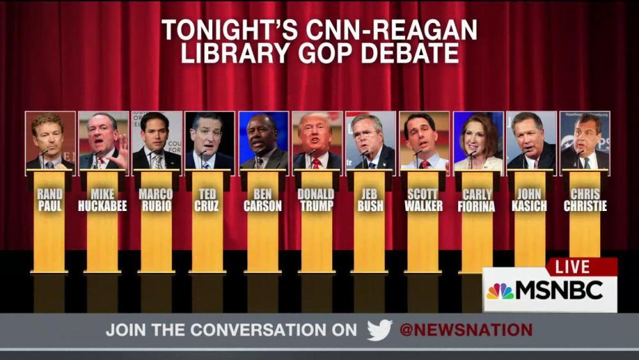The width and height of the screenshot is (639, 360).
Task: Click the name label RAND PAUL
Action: tap(49, 200)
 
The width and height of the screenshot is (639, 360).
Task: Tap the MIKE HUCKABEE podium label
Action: tap(103, 200)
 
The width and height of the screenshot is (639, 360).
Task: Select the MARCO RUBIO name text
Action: tap(156, 200)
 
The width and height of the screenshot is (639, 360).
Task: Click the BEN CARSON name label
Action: tap(263, 200)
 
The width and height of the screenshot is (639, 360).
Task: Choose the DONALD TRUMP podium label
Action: tap(316, 200)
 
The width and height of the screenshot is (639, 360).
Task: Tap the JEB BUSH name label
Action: tap(370, 200)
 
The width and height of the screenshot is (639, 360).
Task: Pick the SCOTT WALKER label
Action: tap(423, 200)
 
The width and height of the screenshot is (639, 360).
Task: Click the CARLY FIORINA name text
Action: tap(477, 200)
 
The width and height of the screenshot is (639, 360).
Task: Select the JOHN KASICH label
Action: tap(530, 200)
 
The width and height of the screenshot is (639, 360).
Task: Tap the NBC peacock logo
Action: tap(500, 292)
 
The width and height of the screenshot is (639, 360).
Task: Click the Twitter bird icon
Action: tap(380, 330)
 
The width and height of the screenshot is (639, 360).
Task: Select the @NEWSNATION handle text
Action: tap(466, 330)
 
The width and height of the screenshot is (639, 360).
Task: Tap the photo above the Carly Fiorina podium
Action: tap(477, 141)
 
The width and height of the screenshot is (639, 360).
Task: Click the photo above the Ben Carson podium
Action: tap(263, 141)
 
